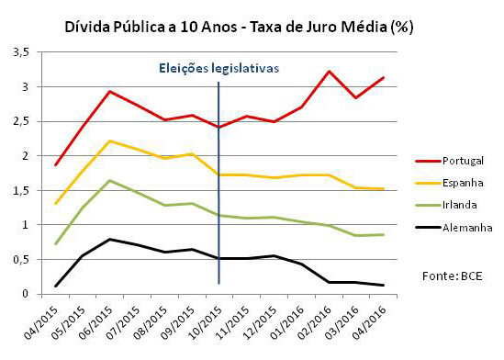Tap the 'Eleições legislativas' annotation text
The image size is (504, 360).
pos(217,68)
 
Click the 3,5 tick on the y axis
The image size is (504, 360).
pos(21,52)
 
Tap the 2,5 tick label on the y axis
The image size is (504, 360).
pos(21,121)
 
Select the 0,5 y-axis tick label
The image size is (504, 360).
pos(21,259)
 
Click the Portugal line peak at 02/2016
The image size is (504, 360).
pos(329,71)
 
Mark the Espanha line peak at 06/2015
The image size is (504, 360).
pos(110,141)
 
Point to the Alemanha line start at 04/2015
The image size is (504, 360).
pos(56,286)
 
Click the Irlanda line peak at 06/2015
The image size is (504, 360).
pos(110,180)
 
